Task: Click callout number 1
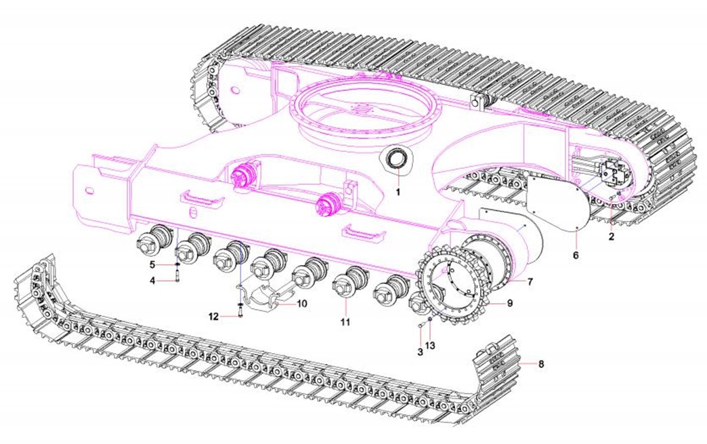point(398,192)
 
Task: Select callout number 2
point(612,237)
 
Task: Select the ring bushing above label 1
point(398,160)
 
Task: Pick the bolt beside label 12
point(240,311)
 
